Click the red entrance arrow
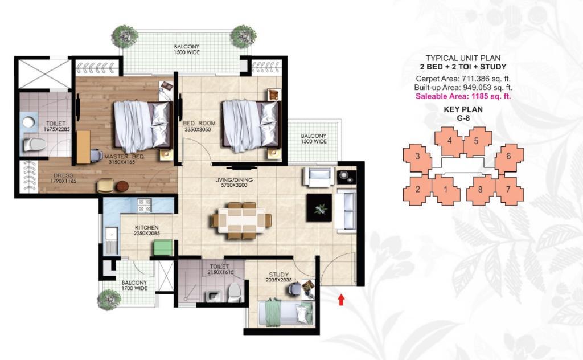pyautogui.click(x=341, y=300)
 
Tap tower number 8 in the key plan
pyautogui.click(x=480, y=189)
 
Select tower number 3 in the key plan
pyautogui.click(x=417, y=156)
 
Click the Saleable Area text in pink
pyautogui.click(x=463, y=96)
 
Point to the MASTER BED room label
pyautogui.click(x=124, y=157)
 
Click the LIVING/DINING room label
pyautogui.click(x=234, y=180)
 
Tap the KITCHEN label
pyautogui.click(x=146, y=228)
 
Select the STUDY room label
pyautogui.click(x=278, y=275)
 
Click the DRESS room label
pyautogui.click(x=63, y=175)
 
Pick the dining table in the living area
pyautogui.click(x=241, y=220)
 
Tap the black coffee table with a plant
pyautogui.click(x=319, y=208)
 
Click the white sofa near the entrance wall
pyautogui.click(x=346, y=211)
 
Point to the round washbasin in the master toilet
pyautogui.click(x=28, y=122)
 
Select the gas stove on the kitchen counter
pyautogui.click(x=145, y=205)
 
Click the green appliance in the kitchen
pyautogui.click(x=163, y=248)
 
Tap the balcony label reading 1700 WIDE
pyautogui.click(x=134, y=285)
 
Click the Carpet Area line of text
pyautogui.click(x=463, y=79)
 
